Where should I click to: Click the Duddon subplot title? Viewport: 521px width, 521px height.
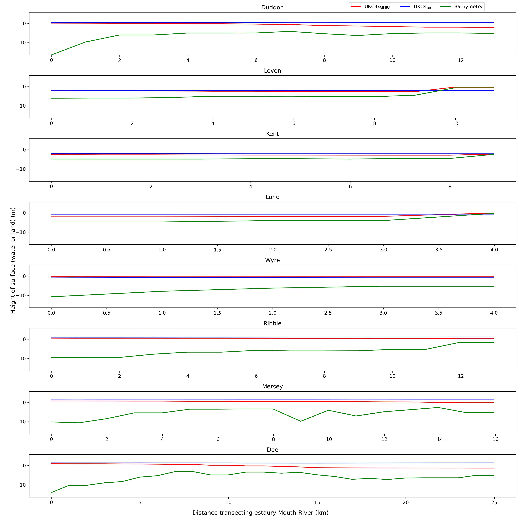click(272, 8)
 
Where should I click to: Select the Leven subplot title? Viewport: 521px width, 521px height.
click(272, 71)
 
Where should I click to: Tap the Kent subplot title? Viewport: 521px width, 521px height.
click(272, 134)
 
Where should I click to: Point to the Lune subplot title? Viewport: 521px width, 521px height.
click(272, 197)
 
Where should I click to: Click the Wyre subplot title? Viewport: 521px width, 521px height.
click(272, 260)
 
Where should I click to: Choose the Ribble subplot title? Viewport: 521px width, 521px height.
click(272, 323)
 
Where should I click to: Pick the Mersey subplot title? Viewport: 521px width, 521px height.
click(272, 386)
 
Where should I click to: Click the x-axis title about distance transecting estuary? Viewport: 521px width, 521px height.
click(260, 513)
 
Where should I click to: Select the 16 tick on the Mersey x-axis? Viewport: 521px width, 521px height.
click(495, 439)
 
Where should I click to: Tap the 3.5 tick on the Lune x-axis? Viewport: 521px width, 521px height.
click(439, 250)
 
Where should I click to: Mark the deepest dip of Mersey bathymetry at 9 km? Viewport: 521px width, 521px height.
click(301, 421)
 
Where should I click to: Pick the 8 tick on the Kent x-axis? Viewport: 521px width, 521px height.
click(450, 187)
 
